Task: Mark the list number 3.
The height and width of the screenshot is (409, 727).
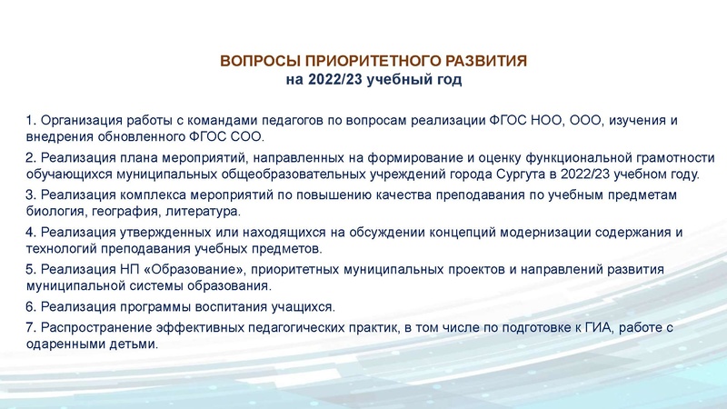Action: pyautogui.click(x=30, y=195)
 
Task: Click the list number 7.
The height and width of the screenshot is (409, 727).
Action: pyautogui.click(x=30, y=327)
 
